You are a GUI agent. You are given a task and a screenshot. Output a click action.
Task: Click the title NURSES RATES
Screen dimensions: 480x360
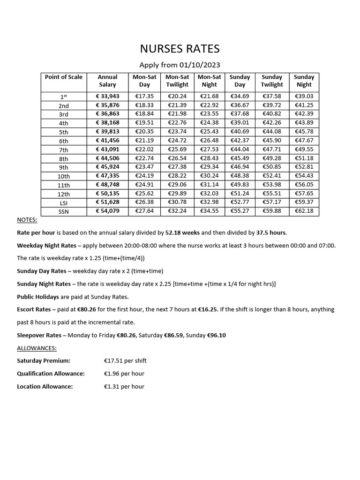click(180, 49)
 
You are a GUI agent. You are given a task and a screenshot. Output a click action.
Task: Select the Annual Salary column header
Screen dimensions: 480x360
click(107, 81)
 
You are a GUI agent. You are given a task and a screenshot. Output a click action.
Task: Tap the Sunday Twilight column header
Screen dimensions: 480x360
click(272, 81)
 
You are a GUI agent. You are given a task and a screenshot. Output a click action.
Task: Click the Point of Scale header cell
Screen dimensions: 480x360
click(64, 77)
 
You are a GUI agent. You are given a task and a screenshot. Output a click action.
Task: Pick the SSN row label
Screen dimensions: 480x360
click(64, 211)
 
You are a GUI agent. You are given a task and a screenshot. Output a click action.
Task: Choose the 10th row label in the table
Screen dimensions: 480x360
click(64, 176)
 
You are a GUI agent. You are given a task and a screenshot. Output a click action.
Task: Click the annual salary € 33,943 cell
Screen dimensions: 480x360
click(107, 96)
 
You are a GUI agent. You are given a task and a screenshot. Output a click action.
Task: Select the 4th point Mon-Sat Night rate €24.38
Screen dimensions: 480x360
click(209, 123)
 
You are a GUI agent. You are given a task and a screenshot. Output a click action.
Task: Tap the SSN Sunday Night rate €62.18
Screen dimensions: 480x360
click(304, 211)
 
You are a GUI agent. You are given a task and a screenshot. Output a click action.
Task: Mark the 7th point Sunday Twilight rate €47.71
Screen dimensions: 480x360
click(272, 150)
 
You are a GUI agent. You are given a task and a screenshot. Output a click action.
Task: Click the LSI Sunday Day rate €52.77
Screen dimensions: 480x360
click(240, 202)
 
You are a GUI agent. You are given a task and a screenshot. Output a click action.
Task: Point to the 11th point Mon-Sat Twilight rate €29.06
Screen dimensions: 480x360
click(177, 185)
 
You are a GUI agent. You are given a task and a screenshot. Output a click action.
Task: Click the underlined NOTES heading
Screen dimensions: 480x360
click(27, 220)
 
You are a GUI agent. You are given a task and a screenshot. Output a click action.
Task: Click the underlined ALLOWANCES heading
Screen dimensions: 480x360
click(37, 348)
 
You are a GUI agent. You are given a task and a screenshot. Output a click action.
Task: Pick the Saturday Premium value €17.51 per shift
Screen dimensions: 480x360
click(125, 361)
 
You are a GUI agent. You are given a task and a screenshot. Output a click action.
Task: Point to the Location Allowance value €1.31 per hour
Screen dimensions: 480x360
click(124, 387)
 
